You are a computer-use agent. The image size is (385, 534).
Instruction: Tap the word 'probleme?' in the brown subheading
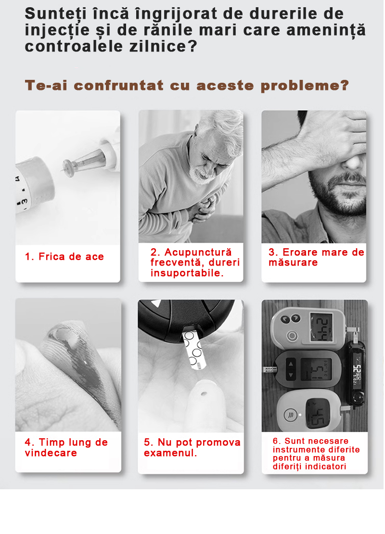pyautogui.click(x=305, y=86)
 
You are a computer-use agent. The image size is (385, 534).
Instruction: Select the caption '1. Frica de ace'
pyautogui.click(x=64, y=256)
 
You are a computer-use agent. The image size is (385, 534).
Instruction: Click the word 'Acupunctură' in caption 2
pyautogui.click(x=198, y=252)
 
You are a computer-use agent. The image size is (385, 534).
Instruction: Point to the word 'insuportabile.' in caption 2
pyautogui.click(x=187, y=273)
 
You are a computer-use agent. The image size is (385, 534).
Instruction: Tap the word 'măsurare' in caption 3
pyautogui.click(x=293, y=263)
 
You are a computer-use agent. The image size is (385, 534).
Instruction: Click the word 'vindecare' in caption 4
pyautogui.click(x=51, y=453)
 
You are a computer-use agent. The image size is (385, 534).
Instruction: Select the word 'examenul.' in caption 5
pyautogui.click(x=170, y=453)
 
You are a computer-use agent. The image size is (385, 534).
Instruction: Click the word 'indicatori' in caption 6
pyautogui.click(x=327, y=466)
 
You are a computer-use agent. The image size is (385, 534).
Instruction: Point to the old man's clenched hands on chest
pyautogui.click(x=203, y=208)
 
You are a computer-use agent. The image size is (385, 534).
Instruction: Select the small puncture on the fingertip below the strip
pyautogui.click(x=204, y=394)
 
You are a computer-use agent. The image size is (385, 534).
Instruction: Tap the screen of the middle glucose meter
pyautogui.click(x=317, y=369)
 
